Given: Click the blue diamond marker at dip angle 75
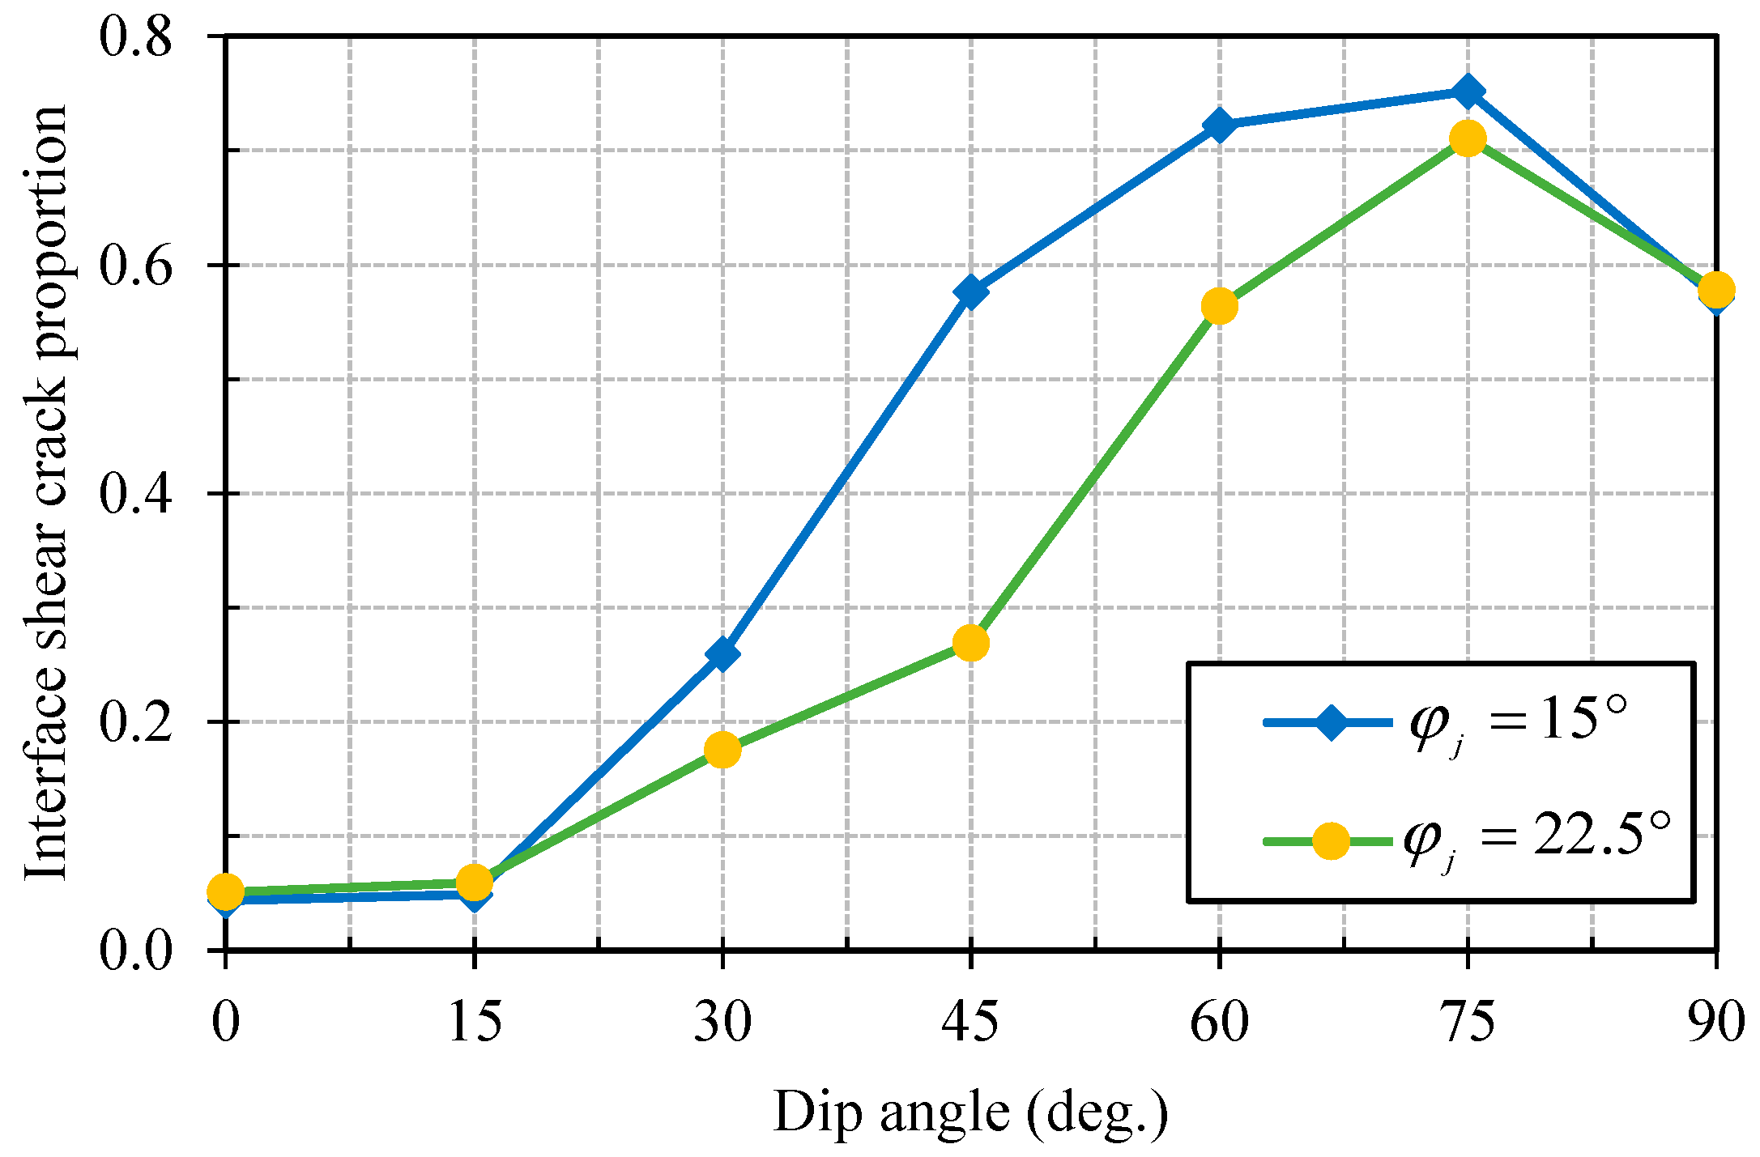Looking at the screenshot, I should coord(1467,91).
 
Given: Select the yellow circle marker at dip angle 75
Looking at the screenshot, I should coord(1467,139).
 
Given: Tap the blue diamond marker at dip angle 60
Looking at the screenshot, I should coord(1219,125).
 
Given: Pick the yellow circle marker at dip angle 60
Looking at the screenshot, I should coord(1219,306).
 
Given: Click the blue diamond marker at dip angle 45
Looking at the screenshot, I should coord(970,291).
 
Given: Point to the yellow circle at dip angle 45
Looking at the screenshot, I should coord(970,644).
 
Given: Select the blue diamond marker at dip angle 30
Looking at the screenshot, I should coord(722,653).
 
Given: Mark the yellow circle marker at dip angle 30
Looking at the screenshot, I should coord(722,751).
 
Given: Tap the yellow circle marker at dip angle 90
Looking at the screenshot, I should coord(1715,289).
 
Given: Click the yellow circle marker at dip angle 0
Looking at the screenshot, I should coord(225,891).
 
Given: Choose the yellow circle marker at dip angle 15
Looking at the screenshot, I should coord(474,882).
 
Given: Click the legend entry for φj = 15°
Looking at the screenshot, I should coord(1442,721).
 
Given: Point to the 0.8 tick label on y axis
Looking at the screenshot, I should coord(136,36).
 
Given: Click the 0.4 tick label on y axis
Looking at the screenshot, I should coord(136,493).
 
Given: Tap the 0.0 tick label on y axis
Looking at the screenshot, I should coord(136,950).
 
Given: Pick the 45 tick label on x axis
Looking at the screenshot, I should coord(970,1022).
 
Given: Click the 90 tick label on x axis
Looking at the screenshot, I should coord(1715,1022).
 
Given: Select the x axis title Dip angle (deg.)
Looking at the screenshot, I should coord(970,1113).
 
